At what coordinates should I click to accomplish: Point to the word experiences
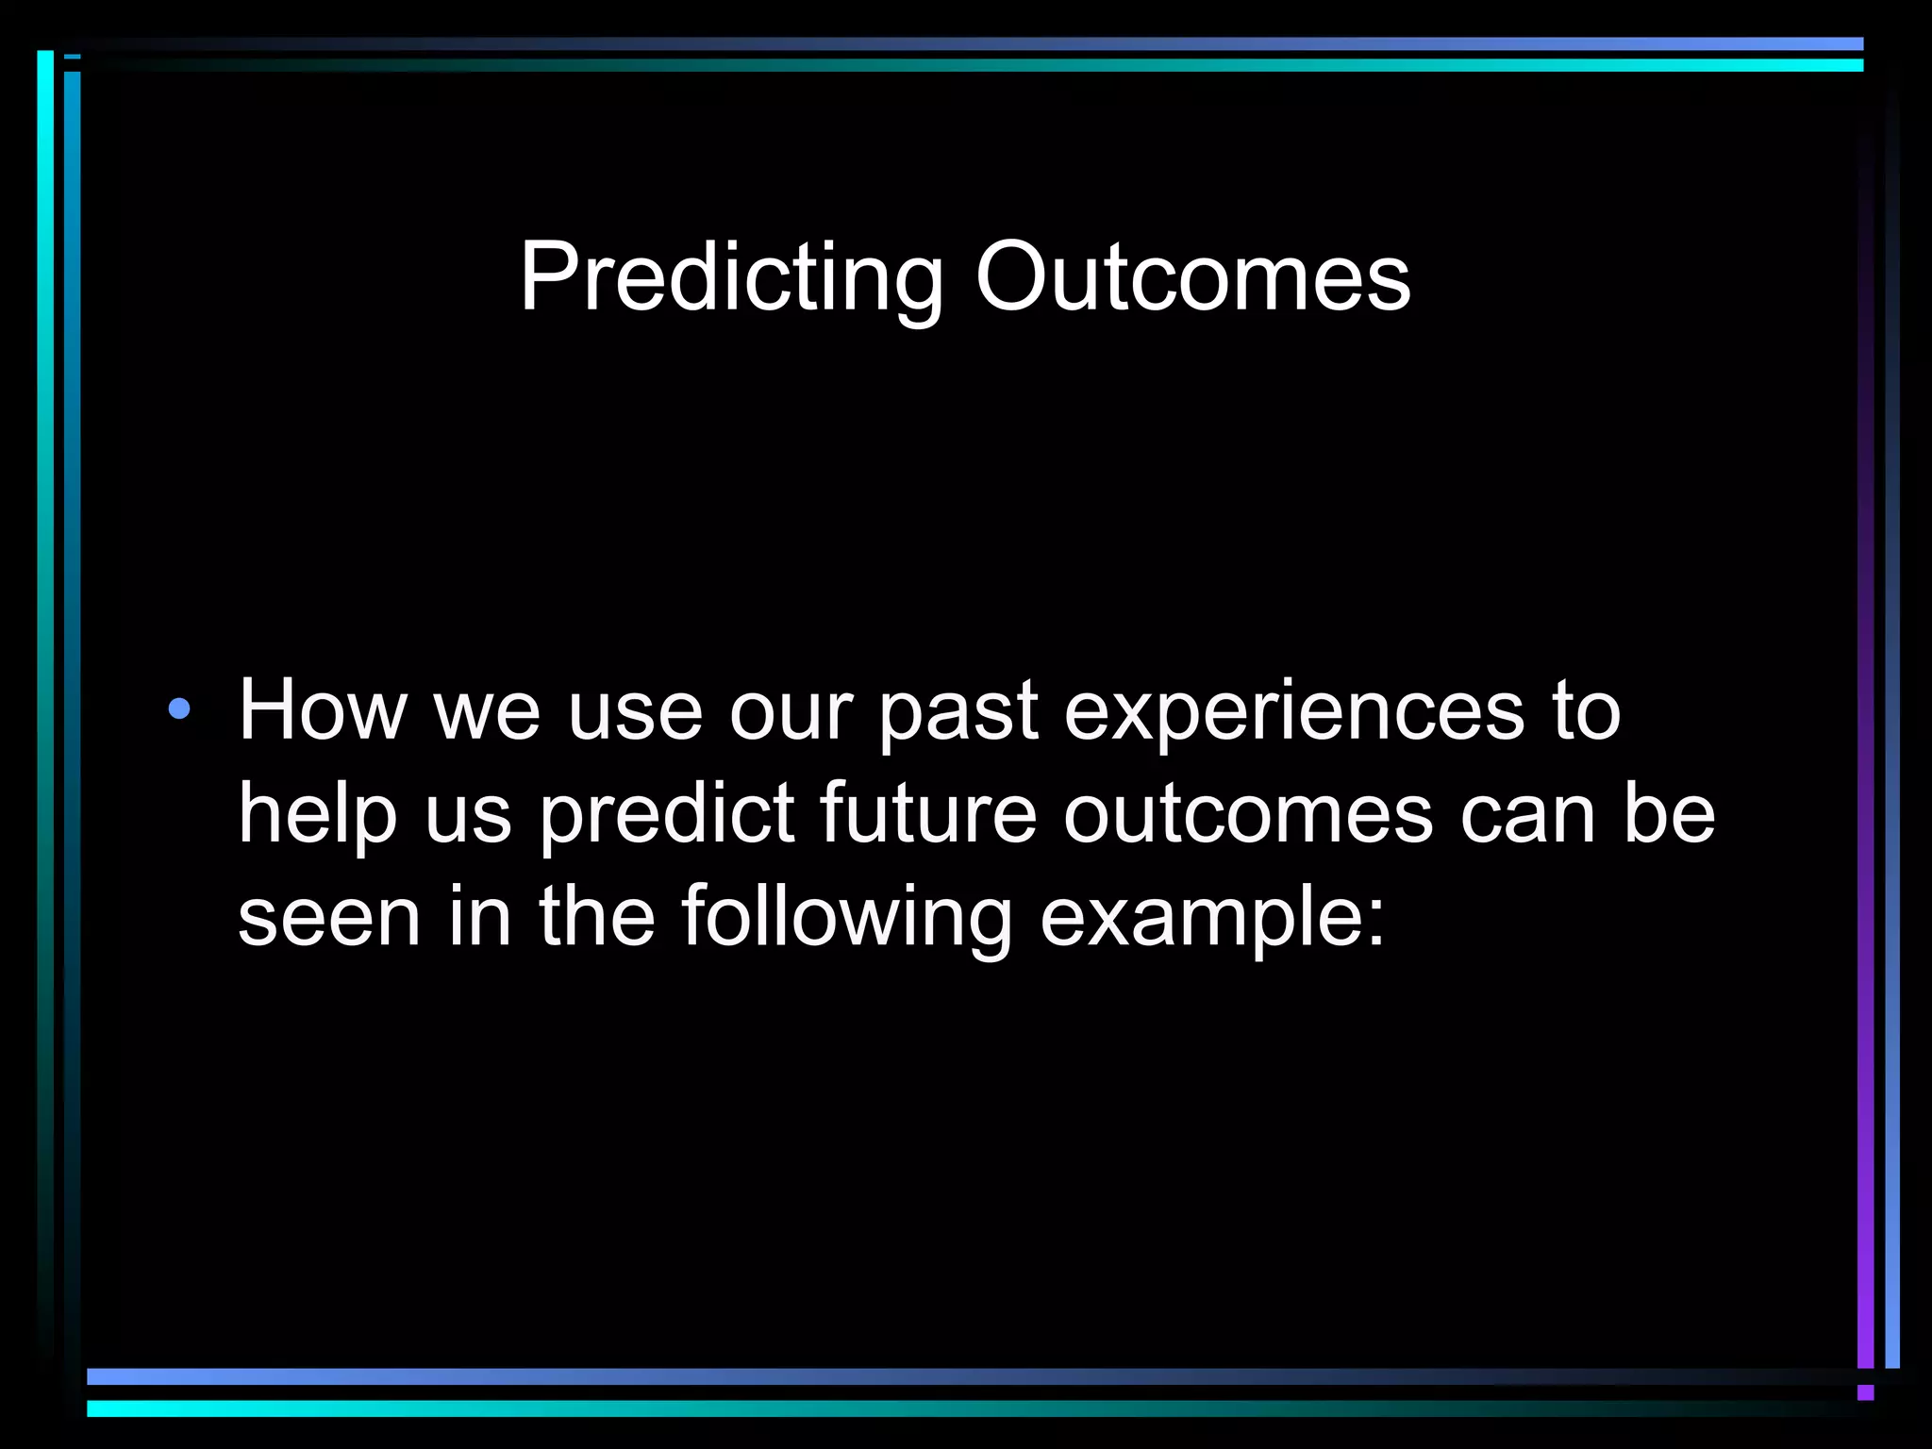click(1293, 711)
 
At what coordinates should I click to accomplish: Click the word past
click(958, 713)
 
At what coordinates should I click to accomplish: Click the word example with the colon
click(1212, 919)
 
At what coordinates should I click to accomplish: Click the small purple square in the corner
click(1865, 1393)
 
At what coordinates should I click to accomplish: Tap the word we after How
click(487, 711)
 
